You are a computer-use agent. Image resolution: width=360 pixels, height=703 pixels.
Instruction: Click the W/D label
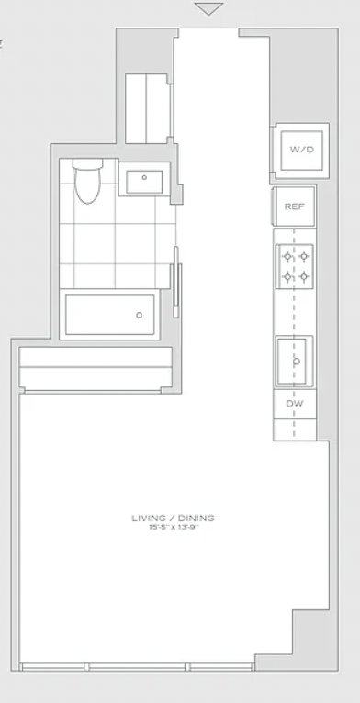(301, 150)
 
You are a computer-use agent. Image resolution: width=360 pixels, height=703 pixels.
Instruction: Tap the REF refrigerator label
(295, 206)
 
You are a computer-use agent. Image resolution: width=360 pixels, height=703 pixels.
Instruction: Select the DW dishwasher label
(295, 404)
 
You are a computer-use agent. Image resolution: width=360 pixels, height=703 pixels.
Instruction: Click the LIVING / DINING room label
(174, 519)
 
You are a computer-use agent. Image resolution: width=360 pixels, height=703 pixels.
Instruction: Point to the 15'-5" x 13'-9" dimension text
(174, 528)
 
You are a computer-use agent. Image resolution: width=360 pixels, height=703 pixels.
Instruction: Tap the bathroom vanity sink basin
(144, 182)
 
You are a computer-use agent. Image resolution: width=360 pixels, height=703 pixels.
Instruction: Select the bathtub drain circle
(140, 315)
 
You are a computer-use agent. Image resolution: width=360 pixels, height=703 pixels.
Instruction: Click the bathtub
(110, 314)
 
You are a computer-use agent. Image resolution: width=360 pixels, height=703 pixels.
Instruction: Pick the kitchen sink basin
(292, 362)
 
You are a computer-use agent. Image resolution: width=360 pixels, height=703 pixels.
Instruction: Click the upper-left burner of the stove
(287, 257)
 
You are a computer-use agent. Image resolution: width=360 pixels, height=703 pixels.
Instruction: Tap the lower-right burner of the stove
(304, 276)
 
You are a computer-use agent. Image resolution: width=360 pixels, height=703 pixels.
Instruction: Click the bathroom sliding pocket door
(176, 283)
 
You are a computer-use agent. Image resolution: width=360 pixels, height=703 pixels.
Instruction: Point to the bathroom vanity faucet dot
(144, 177)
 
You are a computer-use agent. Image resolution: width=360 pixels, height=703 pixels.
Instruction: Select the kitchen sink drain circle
(297, 362)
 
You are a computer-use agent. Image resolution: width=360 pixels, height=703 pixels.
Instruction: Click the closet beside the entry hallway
(147, 108)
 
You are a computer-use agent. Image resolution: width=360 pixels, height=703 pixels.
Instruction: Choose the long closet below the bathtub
(96, 368)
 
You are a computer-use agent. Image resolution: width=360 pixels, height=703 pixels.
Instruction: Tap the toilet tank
(87, 163)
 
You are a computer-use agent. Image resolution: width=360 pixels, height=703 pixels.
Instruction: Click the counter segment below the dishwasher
(295, 430)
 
